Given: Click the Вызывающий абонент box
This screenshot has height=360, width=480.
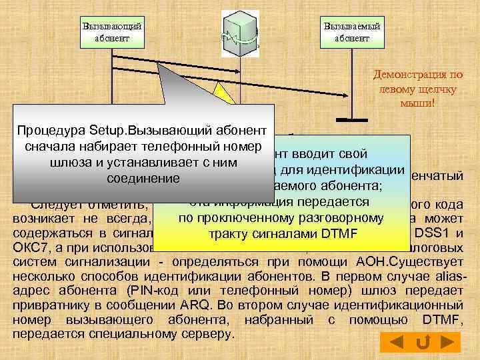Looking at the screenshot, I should click(112, 32).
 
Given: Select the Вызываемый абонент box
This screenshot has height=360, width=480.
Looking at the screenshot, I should click(351, 32).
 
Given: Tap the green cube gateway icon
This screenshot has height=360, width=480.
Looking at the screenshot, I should click(239, 34).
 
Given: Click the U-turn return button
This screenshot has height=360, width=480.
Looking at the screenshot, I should click(422, 343).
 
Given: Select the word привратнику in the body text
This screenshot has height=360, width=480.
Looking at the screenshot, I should click(51, 304).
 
